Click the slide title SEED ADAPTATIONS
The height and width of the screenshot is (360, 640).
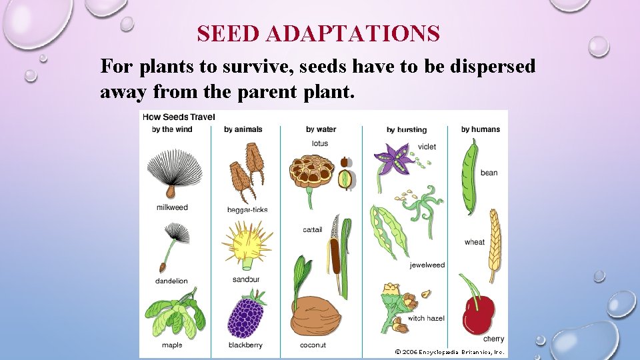319,33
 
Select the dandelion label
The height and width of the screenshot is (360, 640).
171,281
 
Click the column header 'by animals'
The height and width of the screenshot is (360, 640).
243,129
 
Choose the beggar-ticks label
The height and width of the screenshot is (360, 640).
247,209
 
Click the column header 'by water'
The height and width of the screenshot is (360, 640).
321,129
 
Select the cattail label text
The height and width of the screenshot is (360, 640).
312,230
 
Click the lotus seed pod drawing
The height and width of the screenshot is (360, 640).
311,172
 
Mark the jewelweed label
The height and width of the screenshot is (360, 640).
427,265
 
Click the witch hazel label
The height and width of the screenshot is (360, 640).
426,319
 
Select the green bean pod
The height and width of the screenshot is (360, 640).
471,177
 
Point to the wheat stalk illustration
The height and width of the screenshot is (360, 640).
493,243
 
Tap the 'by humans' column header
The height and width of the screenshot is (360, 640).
480,129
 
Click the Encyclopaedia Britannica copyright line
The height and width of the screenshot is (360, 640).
450,351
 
